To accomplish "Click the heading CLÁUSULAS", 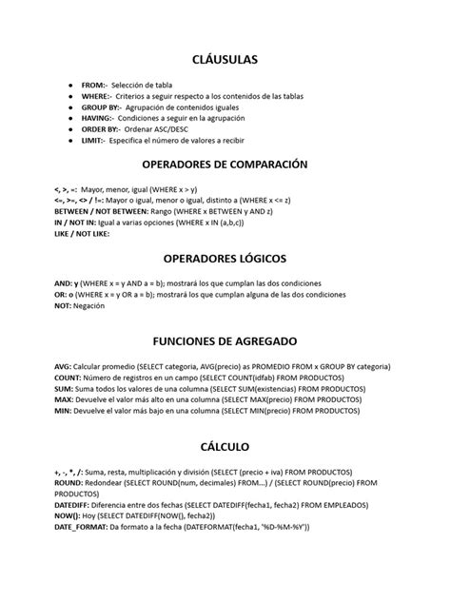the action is click(x=225, y=61).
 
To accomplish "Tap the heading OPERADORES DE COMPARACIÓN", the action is click(x=225, y=165).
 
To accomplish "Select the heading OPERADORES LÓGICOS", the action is click(x=225, y=258).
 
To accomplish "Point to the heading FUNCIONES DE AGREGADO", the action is click(x=225, y=340).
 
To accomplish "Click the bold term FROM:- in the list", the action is click(x=94, y=85).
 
